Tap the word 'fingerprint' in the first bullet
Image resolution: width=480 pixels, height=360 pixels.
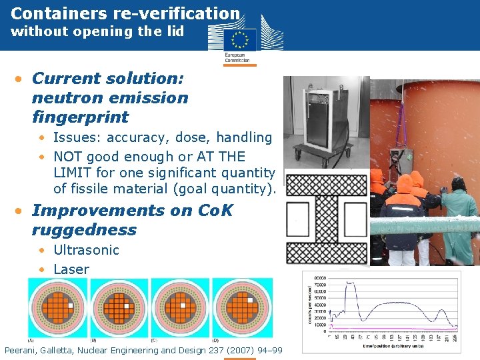pos(80,117)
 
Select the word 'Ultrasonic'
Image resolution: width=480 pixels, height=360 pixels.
pos(86,250)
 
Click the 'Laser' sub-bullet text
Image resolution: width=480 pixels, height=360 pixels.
pos(71,269)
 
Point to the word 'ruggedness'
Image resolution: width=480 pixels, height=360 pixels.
pos(83,230)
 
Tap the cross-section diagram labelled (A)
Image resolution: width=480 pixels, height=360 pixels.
pos(56,307)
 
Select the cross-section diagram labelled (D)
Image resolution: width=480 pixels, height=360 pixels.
pos(242,307)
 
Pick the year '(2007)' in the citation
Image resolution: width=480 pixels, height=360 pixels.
pos(239,350)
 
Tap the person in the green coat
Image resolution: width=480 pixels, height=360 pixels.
pos(461,220)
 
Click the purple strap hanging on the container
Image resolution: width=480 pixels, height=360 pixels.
pos(403,133)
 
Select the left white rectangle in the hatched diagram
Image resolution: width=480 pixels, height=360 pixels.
pos(298,219)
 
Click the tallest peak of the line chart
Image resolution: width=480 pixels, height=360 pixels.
pos(349,283)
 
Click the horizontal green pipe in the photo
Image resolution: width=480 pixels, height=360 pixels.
pos(427,225)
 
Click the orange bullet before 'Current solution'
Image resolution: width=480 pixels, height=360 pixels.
pos(21,79)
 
